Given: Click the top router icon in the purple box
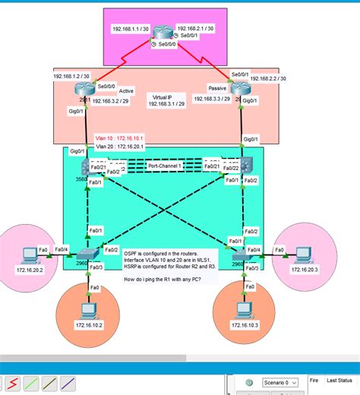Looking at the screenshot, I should coord(163,33).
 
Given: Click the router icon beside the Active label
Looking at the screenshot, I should coord(83,90).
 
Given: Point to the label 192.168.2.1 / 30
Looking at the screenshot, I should coord(194,28).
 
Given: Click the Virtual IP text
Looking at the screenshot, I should coord(167,97).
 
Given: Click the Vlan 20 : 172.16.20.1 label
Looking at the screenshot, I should coord(120,147).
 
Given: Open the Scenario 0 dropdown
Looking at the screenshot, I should coord(279,384).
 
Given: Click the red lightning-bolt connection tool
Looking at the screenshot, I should coord(14,384).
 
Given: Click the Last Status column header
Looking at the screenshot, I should coord(339,379).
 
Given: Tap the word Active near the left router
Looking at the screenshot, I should coord(126,91).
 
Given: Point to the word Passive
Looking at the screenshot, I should coord(207,89).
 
